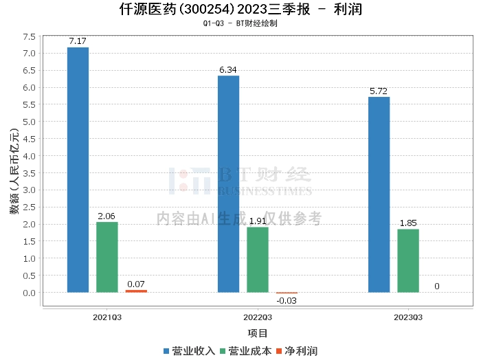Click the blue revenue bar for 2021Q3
tap(78, 170)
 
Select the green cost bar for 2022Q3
tap(258, 260)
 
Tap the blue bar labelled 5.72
tap(379, 194)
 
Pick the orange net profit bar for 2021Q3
tap(136, 291)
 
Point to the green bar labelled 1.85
tap(408, 261)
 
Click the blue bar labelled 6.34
tap(229, 184)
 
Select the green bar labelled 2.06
tap(107, 257)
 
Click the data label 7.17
tap(78, 41)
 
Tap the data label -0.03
tap(287, 301)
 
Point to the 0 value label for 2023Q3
tap(437, 286)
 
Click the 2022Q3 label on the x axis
tap(258, 317)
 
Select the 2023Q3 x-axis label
tap(408, 317)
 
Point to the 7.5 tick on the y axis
tap(29, 37)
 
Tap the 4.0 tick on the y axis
tap(29, 156)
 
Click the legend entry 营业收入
tap(190, 351)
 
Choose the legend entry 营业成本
tap(246, 351)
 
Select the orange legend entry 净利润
tap(297, 351)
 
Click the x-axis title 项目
tap(258, 333)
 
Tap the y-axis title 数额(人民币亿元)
tap(14, 171)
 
